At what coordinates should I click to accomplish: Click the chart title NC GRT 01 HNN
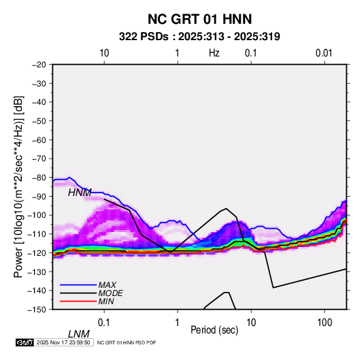click(199, 19)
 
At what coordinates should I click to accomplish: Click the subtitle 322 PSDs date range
click(199, 37)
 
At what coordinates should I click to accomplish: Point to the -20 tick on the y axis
click(39, 65)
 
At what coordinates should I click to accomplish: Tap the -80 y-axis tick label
click(39, 178)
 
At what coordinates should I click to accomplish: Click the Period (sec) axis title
click(214, 330)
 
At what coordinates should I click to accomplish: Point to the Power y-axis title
click(18, 186)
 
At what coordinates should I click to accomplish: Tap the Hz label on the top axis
click(214, 53)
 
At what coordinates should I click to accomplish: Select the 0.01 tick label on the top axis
click(324, 53)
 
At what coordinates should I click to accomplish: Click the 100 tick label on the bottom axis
click(325, 323)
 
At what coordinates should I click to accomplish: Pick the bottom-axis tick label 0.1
click(104, 323)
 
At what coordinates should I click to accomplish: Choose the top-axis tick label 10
click(104, 53)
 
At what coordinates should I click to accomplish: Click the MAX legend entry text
click(107, 284)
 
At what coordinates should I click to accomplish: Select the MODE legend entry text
click(110, 293)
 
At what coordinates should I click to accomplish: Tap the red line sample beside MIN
click(78, 301)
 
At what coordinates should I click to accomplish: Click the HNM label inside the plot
click(80, 193)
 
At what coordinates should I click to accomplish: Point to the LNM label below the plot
click(79, 334)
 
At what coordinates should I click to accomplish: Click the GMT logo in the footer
click(25, 342)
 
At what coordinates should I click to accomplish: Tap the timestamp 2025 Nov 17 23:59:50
click(63, 342)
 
